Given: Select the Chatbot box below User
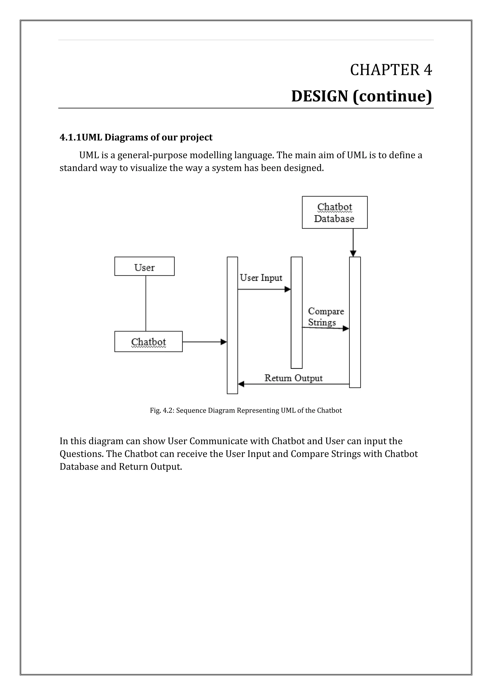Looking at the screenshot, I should (x=148, y=342).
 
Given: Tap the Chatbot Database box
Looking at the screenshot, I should (x=334, y=212).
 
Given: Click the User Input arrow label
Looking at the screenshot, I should (x=261, y=278).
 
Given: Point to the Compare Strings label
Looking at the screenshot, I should (x=326, y=317).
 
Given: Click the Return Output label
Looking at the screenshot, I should (x=293, y=378).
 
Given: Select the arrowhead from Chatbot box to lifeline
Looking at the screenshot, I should (x=224, y=342).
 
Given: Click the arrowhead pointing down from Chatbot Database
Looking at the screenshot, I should (x=353, y=253).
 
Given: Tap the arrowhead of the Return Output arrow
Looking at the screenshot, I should (x=241, y=384).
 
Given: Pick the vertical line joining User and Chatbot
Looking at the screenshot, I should (x=146, y=303).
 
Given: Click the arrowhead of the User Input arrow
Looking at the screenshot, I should (x=288, y=289).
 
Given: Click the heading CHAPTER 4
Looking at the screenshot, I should (x=391, y=70).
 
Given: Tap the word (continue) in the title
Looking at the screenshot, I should (x=392, y=96).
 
